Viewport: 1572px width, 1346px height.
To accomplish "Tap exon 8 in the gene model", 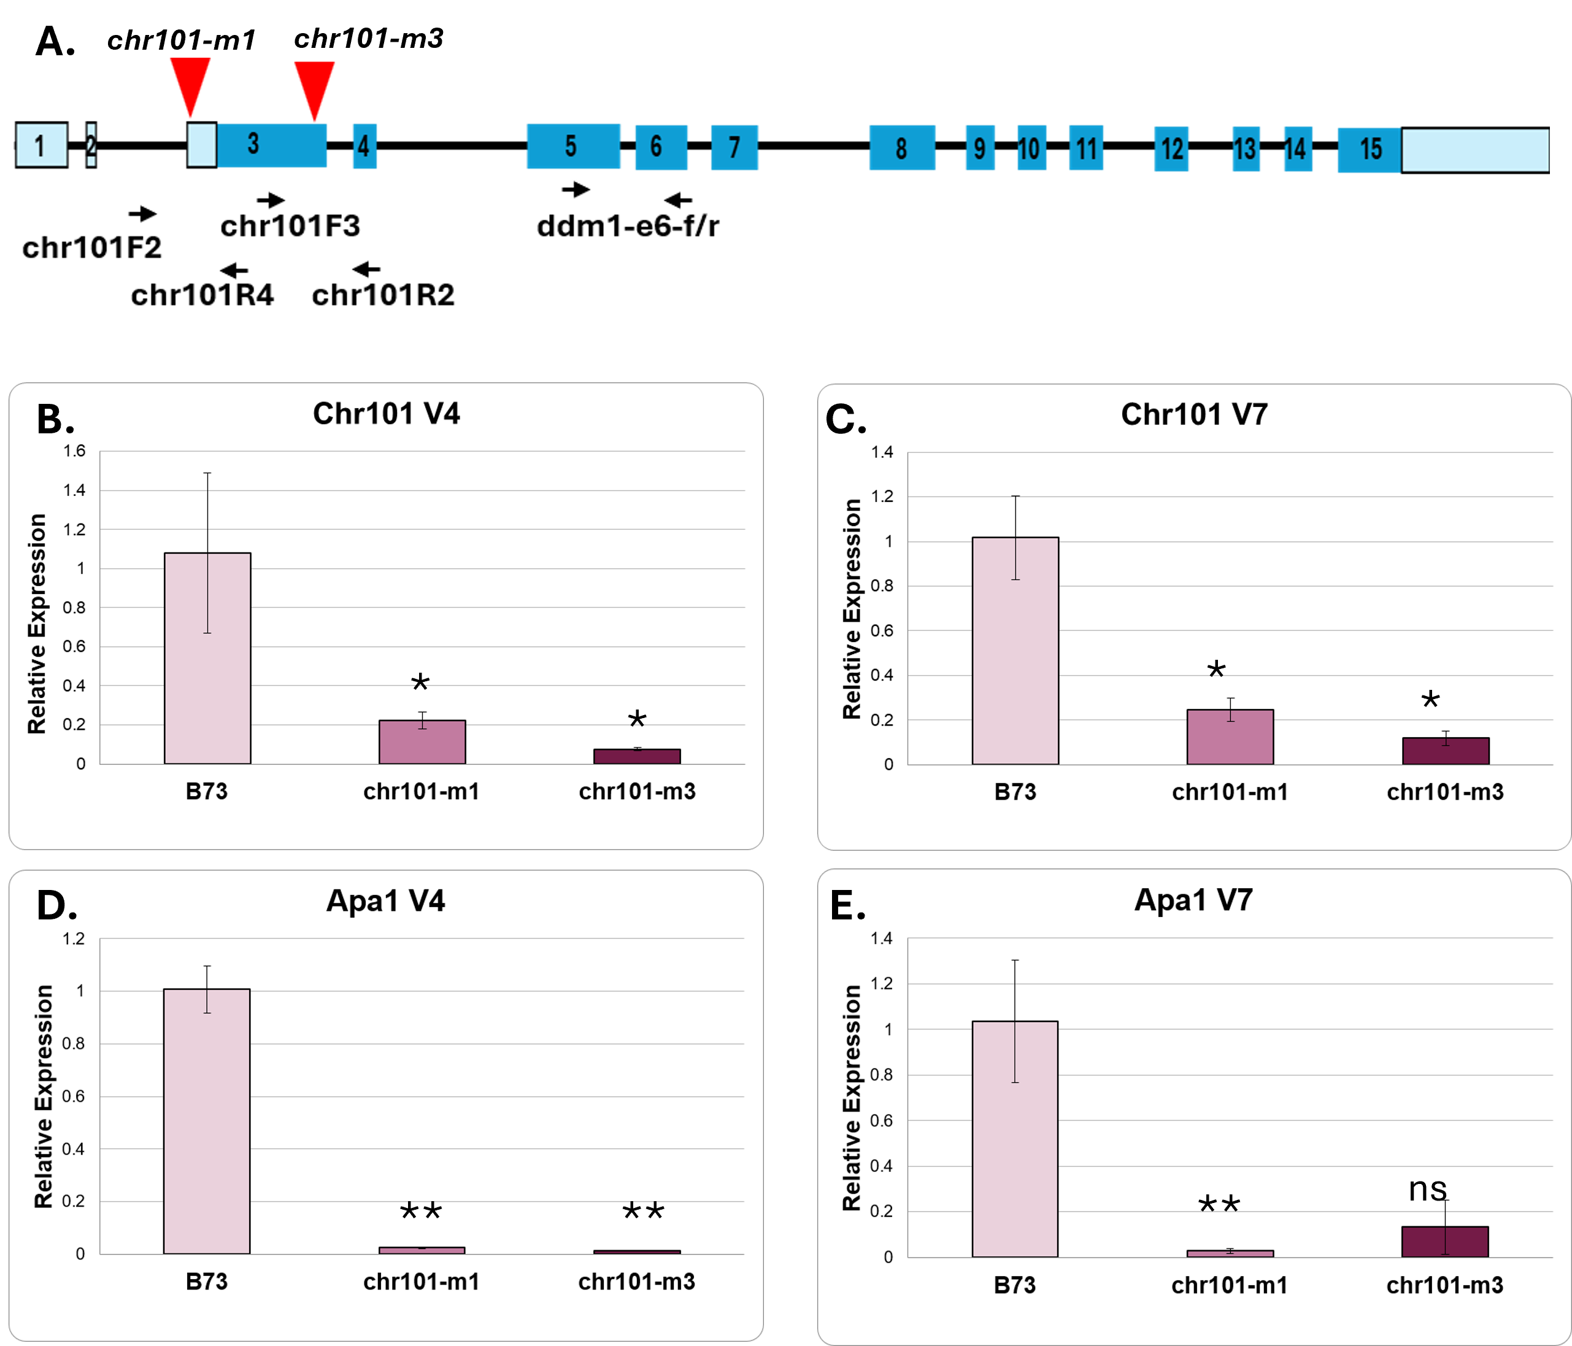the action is pyautogui.click(x=902, y=147).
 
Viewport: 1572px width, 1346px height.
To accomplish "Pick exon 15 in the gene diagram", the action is pyautogui.click(x=1370, y=150).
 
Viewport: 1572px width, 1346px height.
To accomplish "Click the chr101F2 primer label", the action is pyautogui.click(x=92, y=247).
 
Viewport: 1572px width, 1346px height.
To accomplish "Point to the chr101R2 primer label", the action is pyautogui.click(x=383, y=295).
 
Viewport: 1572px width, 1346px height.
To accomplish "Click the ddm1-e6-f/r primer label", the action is pyautogui.click(x=628, y=225).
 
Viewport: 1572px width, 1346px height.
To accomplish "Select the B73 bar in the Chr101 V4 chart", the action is pyautogui.click(x=207, y=658).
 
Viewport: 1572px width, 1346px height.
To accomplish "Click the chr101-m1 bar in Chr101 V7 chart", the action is pyautogui.click(x=1230, y=737).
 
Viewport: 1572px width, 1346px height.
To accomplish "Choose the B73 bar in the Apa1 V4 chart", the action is pyautogui.click(x=206, y=1121).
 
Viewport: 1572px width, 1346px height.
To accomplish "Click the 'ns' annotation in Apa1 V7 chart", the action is pyautogui.click(x=1427, y=1189).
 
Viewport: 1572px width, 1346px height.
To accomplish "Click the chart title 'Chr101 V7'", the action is pyautogui.click(x=1194, y=414).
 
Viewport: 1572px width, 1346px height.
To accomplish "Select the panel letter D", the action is pyautogui.click(x=56, y=905).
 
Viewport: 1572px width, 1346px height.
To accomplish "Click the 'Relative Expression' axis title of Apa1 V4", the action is pyautogui.click(x=43, y=1096).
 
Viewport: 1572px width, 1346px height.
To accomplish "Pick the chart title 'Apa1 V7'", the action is pyautogui.click(x=1193, y=900).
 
